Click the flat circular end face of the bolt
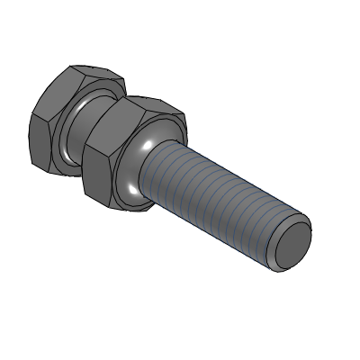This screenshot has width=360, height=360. coord(292,245)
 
